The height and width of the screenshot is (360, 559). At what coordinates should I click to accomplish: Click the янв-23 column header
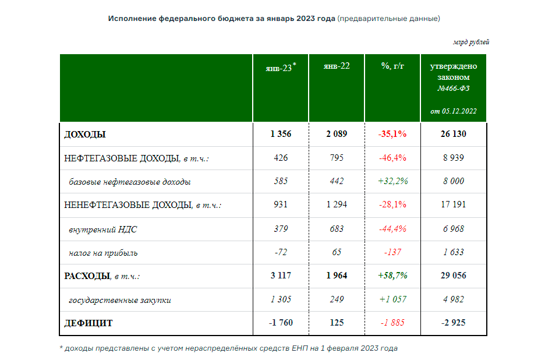(x=280, y=67)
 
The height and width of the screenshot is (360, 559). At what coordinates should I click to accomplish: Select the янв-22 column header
(x=337, y=66)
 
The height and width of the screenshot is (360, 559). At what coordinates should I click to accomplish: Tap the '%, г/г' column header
(x=392, y=66)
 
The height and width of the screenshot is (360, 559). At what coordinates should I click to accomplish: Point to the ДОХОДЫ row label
(x=85, y=135)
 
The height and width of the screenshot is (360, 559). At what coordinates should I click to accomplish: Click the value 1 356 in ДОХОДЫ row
(x=281, y=135)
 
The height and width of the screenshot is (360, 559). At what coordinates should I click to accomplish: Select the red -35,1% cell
(x=392, y=135)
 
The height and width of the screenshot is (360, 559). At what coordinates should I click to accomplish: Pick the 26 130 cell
(x=454, y=135)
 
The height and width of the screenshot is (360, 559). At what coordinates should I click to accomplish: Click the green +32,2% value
(x=392, y=181)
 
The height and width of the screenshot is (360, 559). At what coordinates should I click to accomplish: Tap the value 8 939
(x=454, y=158)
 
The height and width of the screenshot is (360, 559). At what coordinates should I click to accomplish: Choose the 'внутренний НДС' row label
(x=103, y=230)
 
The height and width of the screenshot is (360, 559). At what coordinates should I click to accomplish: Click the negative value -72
(x=281, y=253)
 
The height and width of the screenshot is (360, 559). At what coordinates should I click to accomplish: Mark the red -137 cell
(x=392, y=253)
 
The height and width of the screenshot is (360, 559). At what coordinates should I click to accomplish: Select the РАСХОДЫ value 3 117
(x=281, y=276)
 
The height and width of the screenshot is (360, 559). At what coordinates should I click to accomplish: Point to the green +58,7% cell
(x=392, y=276)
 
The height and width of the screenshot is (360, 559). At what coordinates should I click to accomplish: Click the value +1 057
(x=392, y=299)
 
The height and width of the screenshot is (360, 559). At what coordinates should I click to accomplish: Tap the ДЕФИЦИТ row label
(x=89, y=323)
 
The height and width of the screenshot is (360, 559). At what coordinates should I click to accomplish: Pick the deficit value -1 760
(x=281, y=323)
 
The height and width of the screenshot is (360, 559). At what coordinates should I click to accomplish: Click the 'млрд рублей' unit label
(x=471, y=43)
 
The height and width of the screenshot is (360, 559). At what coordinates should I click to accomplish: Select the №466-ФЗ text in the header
(x=454, y=89)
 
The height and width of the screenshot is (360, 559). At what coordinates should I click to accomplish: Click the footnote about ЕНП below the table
(x=228, y=348)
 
